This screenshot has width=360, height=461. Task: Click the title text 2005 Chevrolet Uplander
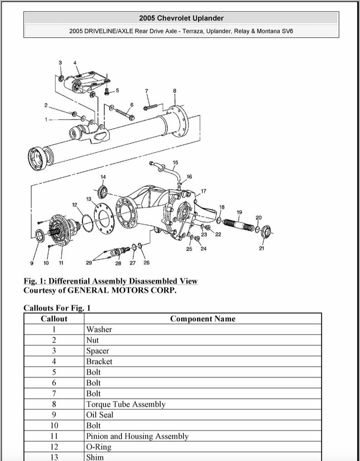(181, 18)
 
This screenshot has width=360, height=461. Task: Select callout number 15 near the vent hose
(175, 162)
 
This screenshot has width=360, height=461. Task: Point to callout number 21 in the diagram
(262, 248)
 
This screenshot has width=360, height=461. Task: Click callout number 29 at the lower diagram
(89, 262)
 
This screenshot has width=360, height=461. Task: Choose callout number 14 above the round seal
(103, 177)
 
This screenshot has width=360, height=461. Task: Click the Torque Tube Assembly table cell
(126, 404)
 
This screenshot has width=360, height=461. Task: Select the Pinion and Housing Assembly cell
(137, 436)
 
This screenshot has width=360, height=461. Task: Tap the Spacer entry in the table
(97, 351)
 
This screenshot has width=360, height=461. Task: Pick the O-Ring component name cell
(98, 447)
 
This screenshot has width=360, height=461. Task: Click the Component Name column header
(203, 319)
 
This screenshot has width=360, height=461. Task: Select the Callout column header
(54, 319)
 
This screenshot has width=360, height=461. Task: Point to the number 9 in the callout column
(54, 415)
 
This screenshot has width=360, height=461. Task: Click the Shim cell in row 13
(95, 457)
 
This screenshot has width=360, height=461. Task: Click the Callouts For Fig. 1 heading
(57, 308)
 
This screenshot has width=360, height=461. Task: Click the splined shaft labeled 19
(238, 225)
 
